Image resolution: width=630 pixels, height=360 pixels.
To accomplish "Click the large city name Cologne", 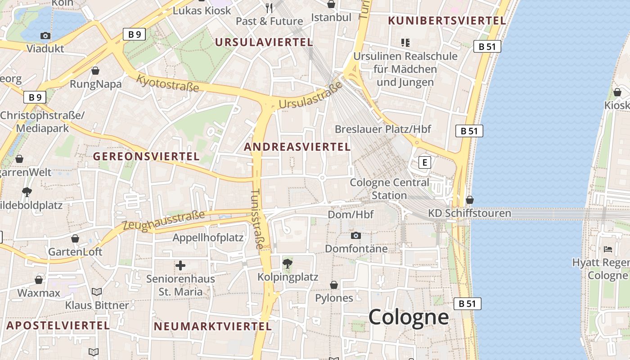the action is click(x=409, y=317).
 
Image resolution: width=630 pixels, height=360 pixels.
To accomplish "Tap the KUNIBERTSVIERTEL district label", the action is click(x=447, y=21).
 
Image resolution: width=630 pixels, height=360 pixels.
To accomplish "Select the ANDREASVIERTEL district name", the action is click(x=297, y=147).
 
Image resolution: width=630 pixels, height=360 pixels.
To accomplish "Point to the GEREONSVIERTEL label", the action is click(x=146, y=157).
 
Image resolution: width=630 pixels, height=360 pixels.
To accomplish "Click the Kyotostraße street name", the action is click(x=167, y=83).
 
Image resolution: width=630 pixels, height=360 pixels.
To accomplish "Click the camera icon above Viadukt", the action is click(x=45, y=36).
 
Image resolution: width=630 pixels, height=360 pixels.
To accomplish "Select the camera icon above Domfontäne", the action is click(x=356, y=235).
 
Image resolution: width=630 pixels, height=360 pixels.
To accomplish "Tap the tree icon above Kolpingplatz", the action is click(x=288, y=263).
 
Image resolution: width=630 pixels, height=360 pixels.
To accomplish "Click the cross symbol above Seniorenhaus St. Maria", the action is click(x=180, y=265).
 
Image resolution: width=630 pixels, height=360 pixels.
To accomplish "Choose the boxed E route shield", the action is click(x=424, y=162).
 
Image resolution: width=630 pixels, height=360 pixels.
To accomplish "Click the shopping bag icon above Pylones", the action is click(x=334, y=285).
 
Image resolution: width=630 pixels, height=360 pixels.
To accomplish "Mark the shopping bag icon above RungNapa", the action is click(x=95, y=71).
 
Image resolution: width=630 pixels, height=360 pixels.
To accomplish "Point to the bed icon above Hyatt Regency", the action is click(x=608, y=249).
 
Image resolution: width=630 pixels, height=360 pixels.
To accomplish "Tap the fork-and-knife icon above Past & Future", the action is click(x=269, y=8).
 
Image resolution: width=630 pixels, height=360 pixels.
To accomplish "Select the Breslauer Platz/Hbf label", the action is click(x=383, y=129).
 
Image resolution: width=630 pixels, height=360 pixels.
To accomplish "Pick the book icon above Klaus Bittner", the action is click(x=97, y=292).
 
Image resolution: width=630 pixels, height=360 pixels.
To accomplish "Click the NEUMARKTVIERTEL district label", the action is click(x=213, y=327).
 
